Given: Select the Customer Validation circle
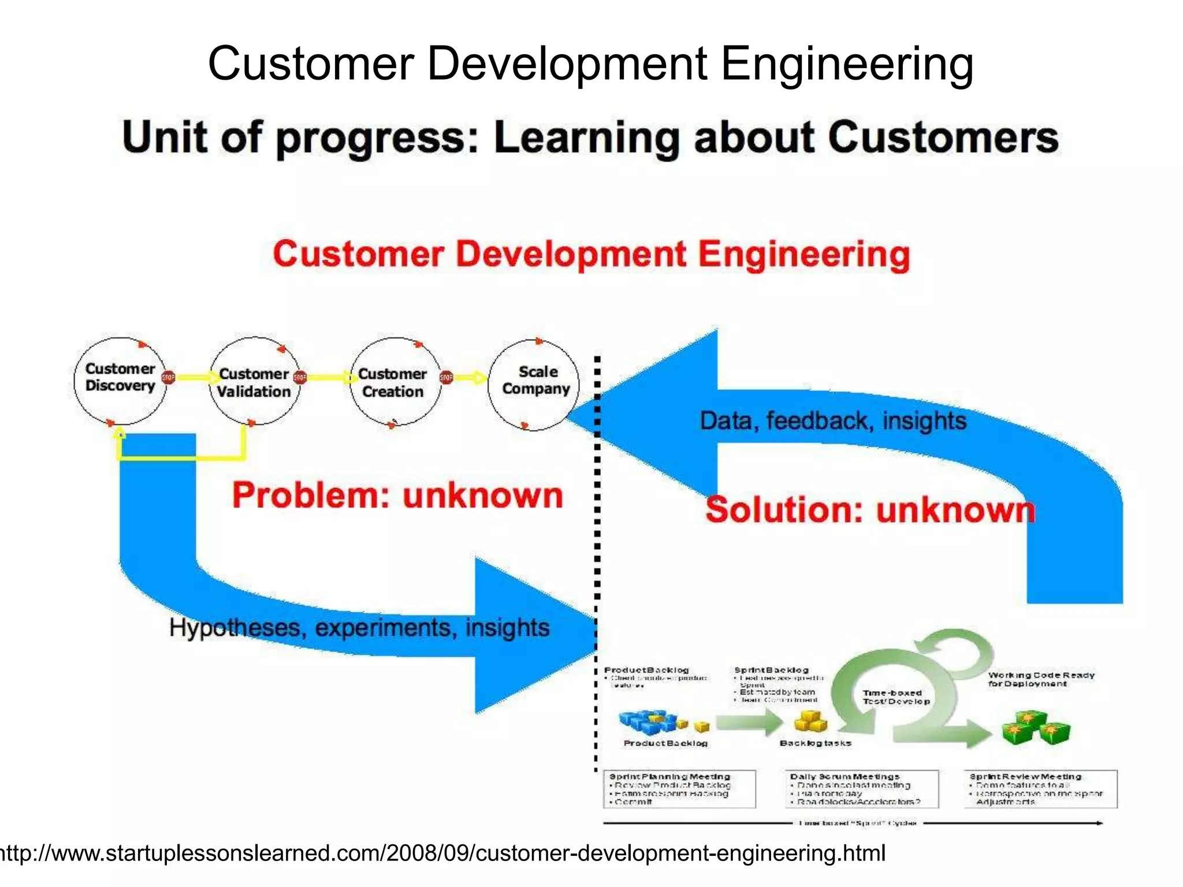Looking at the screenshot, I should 254,382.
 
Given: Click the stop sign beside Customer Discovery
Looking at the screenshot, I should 168,378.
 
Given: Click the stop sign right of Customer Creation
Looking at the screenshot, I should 446,378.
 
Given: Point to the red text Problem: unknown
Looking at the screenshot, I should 397,495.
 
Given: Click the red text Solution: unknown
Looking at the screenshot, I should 870,510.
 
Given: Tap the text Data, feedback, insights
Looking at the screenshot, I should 832,420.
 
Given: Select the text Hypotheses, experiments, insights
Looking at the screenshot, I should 359,628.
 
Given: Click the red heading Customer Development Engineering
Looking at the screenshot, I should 591,255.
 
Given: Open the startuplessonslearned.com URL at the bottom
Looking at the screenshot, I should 442,853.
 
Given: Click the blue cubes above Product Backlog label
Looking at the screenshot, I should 648,721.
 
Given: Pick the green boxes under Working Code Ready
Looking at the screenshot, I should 1036,728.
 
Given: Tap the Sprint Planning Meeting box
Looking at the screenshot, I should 679,789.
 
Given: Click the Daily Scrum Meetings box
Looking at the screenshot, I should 861,789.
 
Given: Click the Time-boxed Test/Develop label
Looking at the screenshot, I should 896,697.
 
